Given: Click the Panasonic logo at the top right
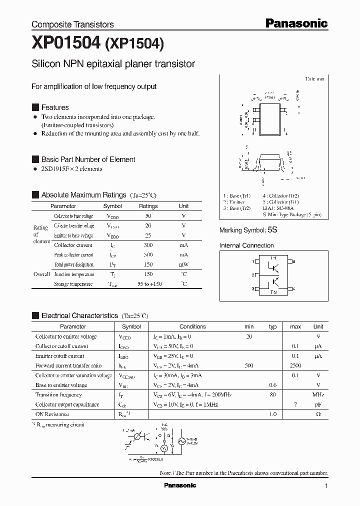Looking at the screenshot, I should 296,23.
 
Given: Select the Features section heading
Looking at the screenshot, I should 54,107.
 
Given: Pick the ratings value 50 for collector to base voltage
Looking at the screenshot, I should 148,215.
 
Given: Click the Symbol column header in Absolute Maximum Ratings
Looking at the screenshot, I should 112,206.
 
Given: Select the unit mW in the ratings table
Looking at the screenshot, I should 183,264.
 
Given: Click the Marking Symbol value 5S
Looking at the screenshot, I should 272,230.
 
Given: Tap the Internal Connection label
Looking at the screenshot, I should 246,245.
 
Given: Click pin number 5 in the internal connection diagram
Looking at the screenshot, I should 294,261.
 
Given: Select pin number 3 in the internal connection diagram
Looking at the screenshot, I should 253,289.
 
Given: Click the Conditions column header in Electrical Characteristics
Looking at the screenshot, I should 192,326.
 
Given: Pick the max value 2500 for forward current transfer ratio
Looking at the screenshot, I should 295,366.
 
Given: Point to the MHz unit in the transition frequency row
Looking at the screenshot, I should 318,395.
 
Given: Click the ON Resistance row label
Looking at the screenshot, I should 52,414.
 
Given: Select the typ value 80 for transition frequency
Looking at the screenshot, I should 273,395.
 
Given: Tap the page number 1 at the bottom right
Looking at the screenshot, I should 326,485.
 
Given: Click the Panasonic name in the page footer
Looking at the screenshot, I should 180,485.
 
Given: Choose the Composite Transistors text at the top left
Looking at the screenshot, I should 72,24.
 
